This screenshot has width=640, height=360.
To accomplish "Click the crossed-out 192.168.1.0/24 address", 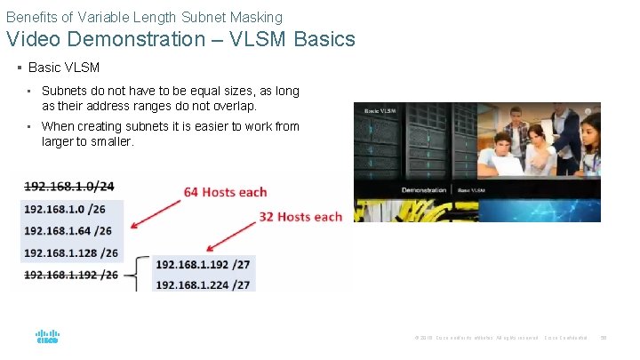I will [x=69, y=186].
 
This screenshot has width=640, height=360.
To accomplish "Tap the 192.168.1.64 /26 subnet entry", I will [x=68, y=231].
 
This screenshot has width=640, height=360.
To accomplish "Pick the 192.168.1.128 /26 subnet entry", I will [x=71, y=252].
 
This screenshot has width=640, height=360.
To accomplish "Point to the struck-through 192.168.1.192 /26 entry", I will [x=71, y=275].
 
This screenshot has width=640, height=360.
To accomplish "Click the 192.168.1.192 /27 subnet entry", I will [x=203, y=264].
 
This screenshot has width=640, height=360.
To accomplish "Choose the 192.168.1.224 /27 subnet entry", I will [x=203, y=284].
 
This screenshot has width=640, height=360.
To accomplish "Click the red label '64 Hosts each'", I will [x=225, y=192].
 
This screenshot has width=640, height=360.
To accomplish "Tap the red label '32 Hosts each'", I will [x=300, y=217].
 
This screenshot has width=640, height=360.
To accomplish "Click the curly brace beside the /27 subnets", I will [x=140, y=274].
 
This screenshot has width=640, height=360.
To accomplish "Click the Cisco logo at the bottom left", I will [x=47, y=337].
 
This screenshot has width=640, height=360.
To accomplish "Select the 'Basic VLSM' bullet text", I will [x=64, y=68].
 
